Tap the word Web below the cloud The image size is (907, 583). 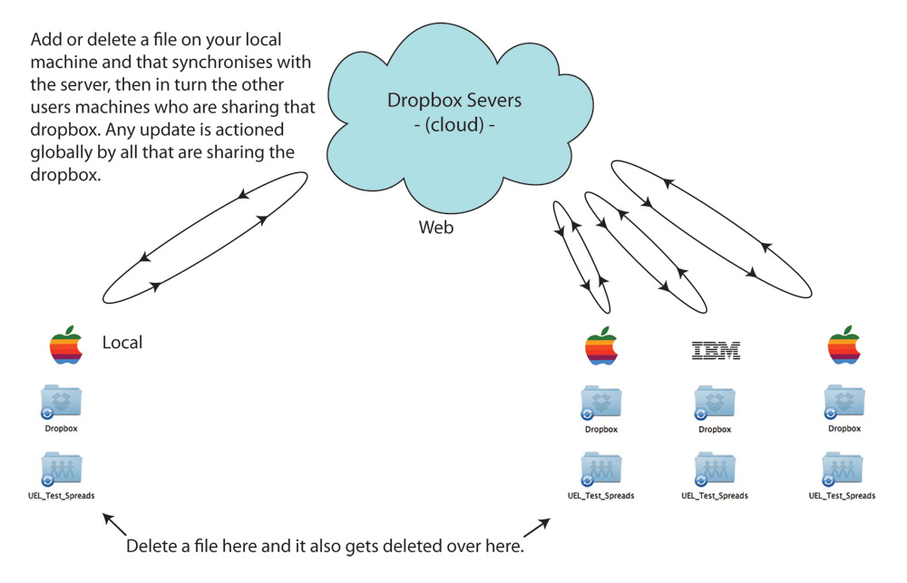435,228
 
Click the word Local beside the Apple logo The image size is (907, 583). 122,343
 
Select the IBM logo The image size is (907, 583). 716,350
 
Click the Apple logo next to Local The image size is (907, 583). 66,345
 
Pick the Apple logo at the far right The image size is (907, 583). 844,345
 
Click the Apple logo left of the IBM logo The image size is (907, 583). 601,345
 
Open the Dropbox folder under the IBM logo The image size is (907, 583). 715,403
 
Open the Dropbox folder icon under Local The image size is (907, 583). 61,402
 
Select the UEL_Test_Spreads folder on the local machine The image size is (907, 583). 61,470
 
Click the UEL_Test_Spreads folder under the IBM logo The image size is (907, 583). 715,470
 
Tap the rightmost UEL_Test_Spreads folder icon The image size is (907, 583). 843,470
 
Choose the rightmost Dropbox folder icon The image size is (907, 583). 844,403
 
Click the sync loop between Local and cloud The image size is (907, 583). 203,238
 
